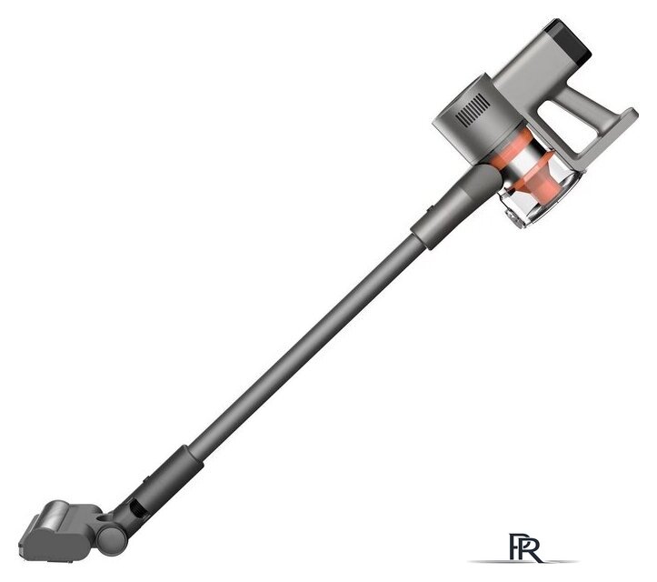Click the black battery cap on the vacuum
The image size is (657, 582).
[568, 41]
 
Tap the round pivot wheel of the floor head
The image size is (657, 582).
[111, 539]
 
